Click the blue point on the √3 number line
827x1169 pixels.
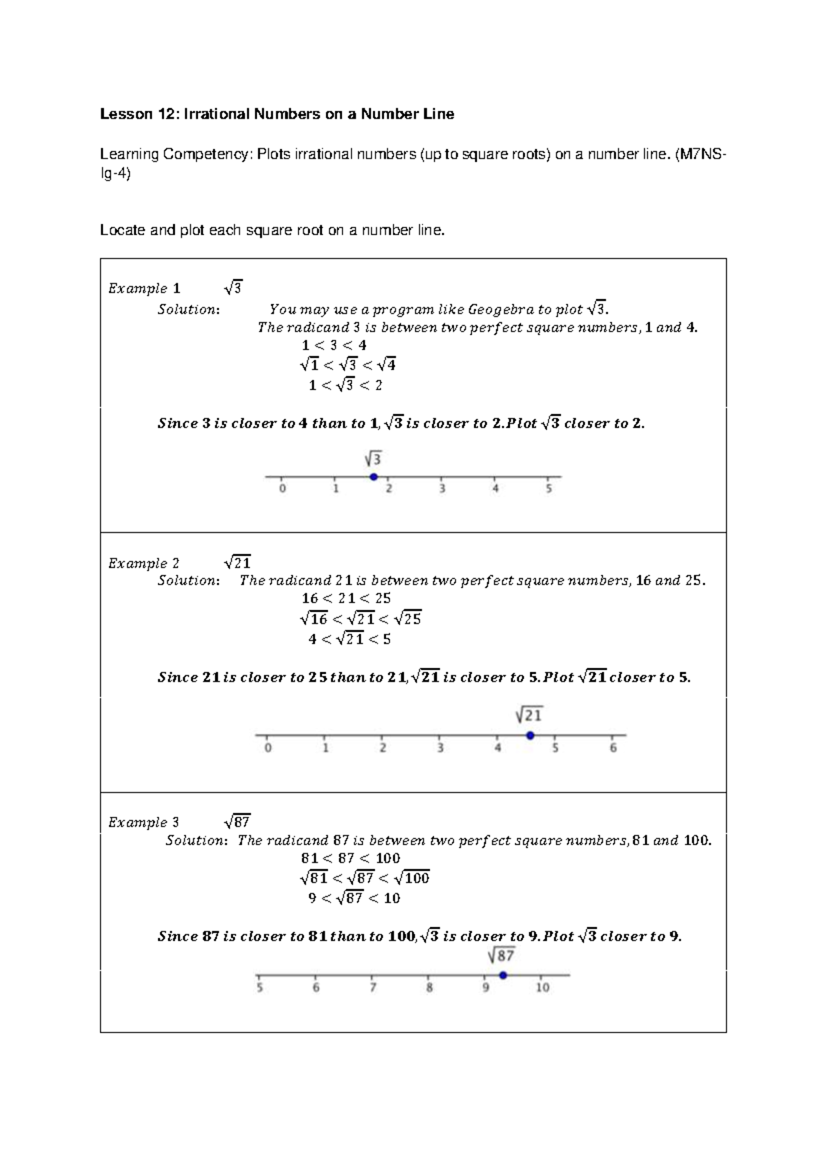[374, 477]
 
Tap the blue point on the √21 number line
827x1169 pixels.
[530, 735]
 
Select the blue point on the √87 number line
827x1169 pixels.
[503, 975]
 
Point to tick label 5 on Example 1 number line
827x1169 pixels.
[549, 489]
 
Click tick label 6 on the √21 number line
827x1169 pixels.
[613, 749]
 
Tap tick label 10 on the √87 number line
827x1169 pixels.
[542, 988]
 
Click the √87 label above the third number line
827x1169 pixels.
[501, 955]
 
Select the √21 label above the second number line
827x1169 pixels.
[529, 715]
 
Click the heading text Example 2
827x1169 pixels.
[143, 564]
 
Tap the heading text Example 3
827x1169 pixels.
[143, 822]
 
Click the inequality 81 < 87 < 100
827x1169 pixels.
[350, 858]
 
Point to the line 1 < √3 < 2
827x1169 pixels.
[345, 385]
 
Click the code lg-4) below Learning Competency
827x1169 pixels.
[114, 174]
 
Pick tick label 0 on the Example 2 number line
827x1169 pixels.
[268, 749]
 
